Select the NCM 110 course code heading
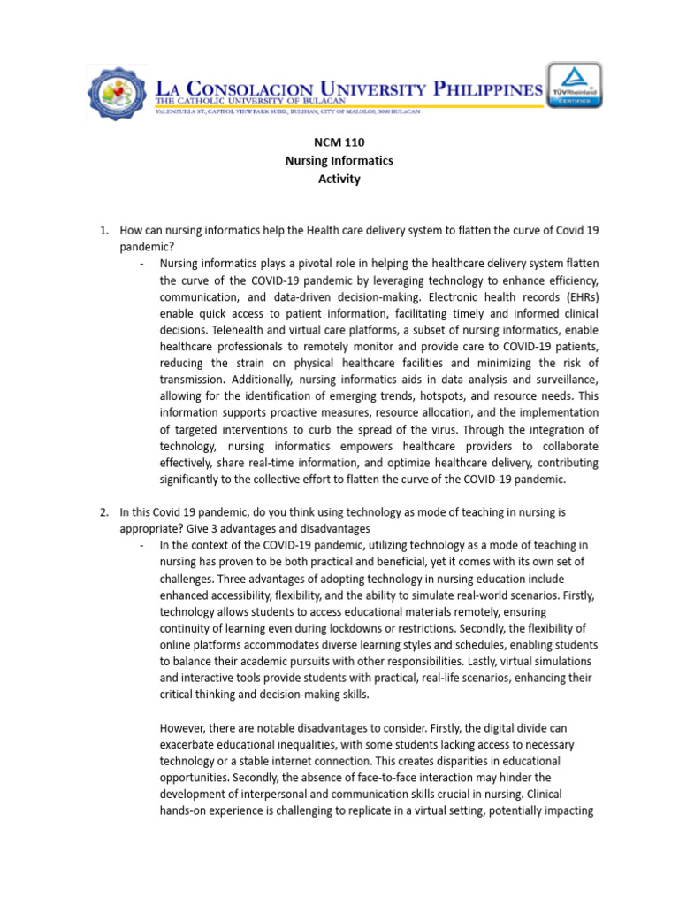339,142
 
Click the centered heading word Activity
339,179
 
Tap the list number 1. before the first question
103,231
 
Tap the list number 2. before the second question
103,511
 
